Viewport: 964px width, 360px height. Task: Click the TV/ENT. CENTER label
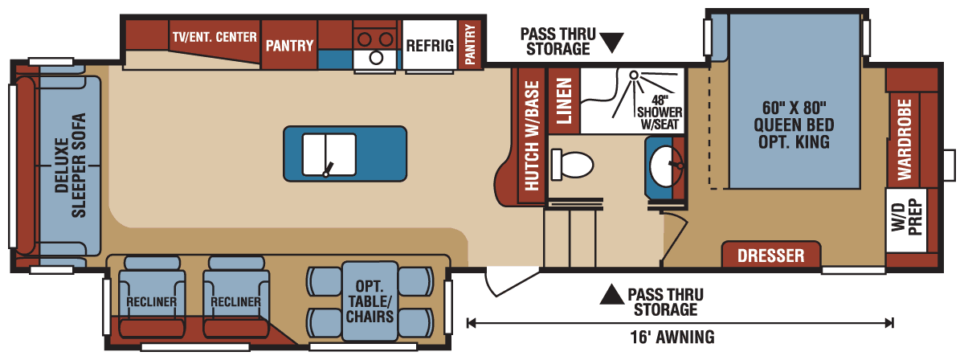(214, 37)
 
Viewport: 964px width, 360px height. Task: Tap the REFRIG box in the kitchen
(429, 45)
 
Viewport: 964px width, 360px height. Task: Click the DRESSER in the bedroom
(770, 256)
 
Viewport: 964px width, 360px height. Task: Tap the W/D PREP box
(906, 219)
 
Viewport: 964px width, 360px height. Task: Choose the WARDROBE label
(904, 129)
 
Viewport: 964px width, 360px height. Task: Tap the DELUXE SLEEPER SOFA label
(68, 166)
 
